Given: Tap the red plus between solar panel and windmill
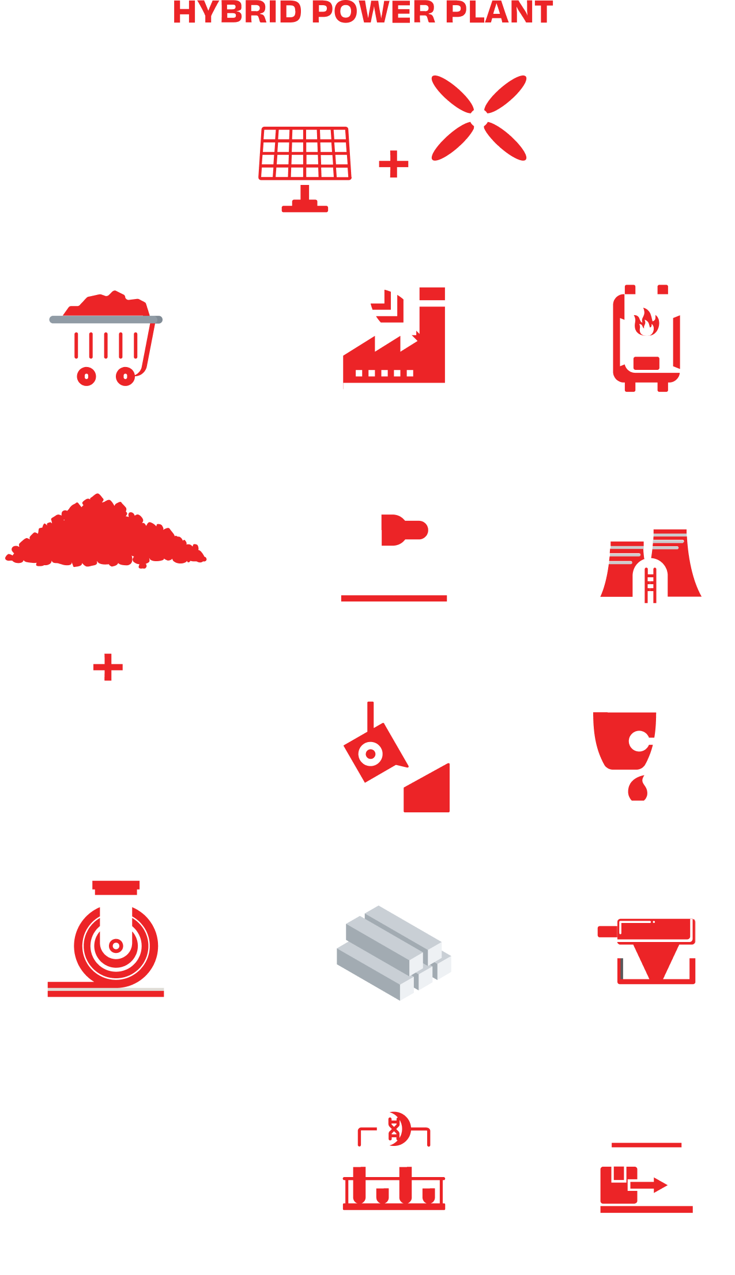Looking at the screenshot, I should (x=394, y=164).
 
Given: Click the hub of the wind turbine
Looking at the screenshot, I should (x=478, y=118).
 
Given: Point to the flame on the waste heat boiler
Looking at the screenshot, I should (x=646, y=322).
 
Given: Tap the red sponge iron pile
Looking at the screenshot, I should (x=105, y=533).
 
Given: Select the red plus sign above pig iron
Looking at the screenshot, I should (x=108, y=667).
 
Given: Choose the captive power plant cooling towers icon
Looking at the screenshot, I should (x=650, y=553).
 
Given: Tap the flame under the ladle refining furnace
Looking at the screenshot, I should (x=637, y=789).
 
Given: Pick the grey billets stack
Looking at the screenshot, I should (x=394, y=951).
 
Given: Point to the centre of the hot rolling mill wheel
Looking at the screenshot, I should (x=116, y=945).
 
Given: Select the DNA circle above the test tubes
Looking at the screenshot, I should (x=394, y=1129).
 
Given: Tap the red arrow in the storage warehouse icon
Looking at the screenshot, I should (x=649, y=1185).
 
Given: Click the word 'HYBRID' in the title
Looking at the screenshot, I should (x=237, y=13).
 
